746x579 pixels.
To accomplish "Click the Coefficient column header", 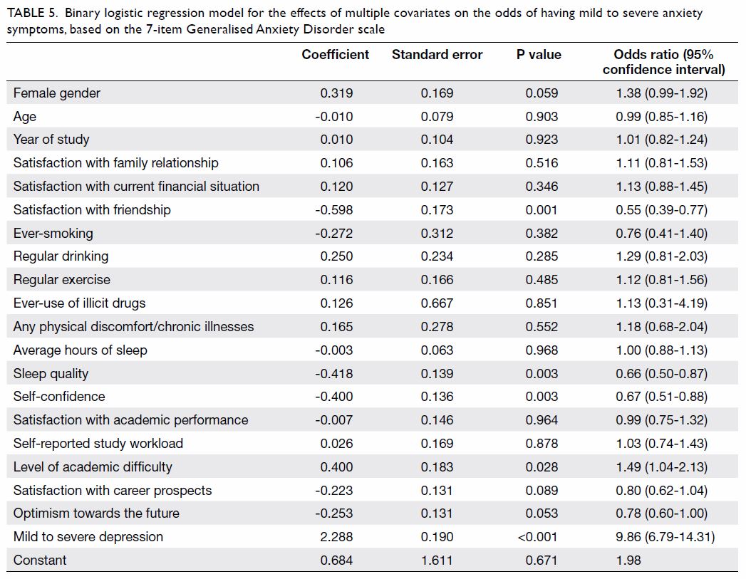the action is pyautogui.click(x=336, y=55).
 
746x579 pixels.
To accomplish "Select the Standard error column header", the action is pyautogui.click(x=437, y=55).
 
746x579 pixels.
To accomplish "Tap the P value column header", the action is pyautogui.click(x=539, y=55).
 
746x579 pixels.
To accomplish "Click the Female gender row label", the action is pyautogui.click(x=56, y=93).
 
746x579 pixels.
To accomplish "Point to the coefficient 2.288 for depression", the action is pyautogui.click(x=336, y=537).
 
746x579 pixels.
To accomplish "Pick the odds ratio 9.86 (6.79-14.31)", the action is pyautogui.click(x=665, y=537).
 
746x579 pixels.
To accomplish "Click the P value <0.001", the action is pyautogui.click(x=537, y=537).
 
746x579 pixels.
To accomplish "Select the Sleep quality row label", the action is pyautogui.click(x=51, y=374).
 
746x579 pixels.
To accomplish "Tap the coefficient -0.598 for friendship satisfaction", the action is pyautogui.click(x=334, y=209).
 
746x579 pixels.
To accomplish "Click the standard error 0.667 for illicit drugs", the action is pyautogui.click(x=437, y=303).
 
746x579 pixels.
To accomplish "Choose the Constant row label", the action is pyautogui.click(x=40, y=560).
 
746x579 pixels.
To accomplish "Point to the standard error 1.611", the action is pyautogui.click(x=437, y=560).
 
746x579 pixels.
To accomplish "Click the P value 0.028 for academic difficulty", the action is pyautogui.click(x=542, y=466).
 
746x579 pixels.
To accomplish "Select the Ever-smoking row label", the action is pyautogui.click(x=53, y=234).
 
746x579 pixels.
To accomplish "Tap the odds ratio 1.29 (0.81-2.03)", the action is pyautogui.click(x=661, y=256).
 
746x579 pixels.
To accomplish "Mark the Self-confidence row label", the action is pyautogui.click(x=59, y=397).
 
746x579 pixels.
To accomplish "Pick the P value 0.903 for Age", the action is pyautogui.click(x=542, y=117).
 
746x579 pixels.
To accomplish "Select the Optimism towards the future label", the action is pyautogui.click(x=96, y=513).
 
